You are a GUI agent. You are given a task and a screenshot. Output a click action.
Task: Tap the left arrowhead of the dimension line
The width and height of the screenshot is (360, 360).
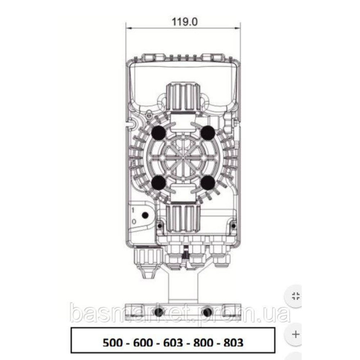(x=128, y=27)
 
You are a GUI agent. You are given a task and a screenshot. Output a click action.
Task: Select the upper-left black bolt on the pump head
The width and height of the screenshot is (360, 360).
(x=158, y=133)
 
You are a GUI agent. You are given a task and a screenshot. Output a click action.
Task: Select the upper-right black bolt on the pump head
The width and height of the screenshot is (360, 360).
(x=208, y=133)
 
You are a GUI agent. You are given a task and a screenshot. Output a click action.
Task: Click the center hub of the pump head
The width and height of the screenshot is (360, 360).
(x=183, y=158)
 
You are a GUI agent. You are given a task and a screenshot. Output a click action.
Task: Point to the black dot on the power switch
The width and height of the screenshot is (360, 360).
(x=145, y=215)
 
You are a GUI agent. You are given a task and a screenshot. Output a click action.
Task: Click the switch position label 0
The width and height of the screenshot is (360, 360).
(x=133, y=222)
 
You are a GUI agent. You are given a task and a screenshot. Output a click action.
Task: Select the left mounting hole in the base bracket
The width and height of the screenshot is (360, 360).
(x=158, y=312)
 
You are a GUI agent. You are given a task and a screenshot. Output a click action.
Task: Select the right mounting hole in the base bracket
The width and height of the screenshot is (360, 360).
(x=207, y=312)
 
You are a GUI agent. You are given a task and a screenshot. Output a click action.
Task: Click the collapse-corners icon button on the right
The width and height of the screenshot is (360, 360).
(x=296, y=297)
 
